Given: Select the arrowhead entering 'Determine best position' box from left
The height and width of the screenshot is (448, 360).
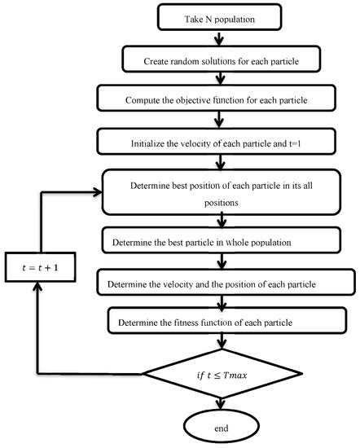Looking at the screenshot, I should [x=97, y=193].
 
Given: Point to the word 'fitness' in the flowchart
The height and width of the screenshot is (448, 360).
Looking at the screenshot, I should [x=202, y=323].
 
